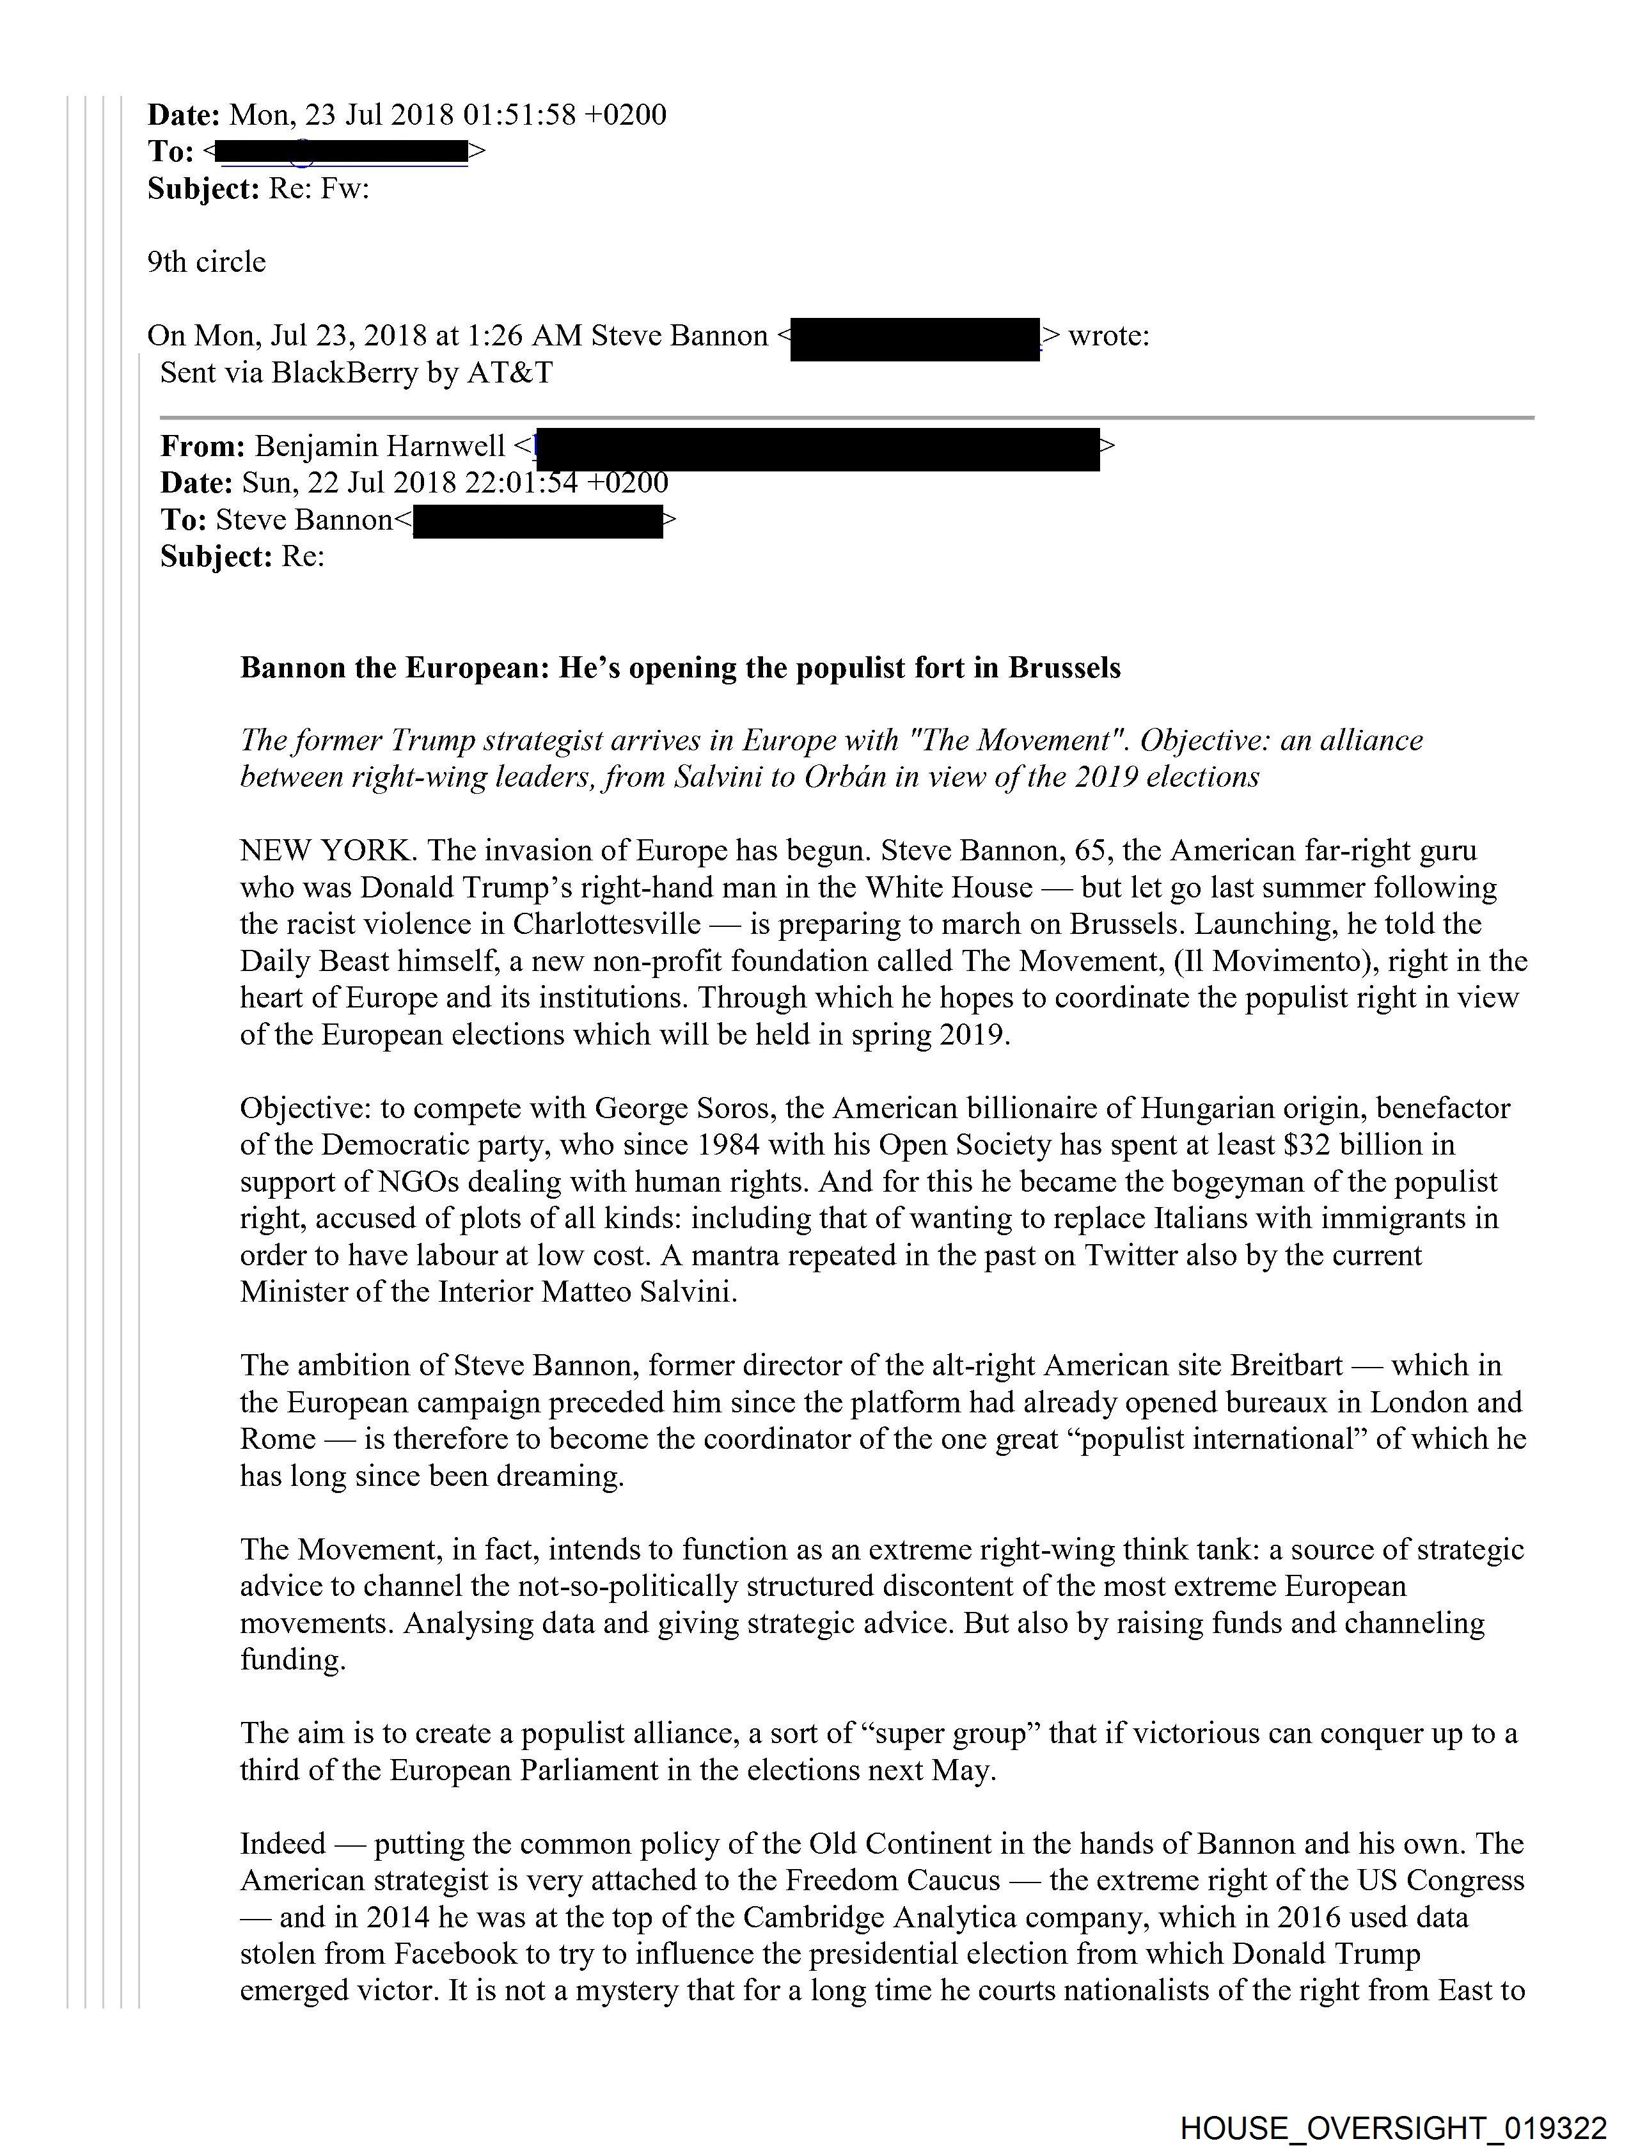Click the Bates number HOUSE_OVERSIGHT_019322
[1392, 2127]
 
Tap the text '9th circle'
[207, 262]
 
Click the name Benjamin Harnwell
[380, 446]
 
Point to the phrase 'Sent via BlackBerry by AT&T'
[356, 372]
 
